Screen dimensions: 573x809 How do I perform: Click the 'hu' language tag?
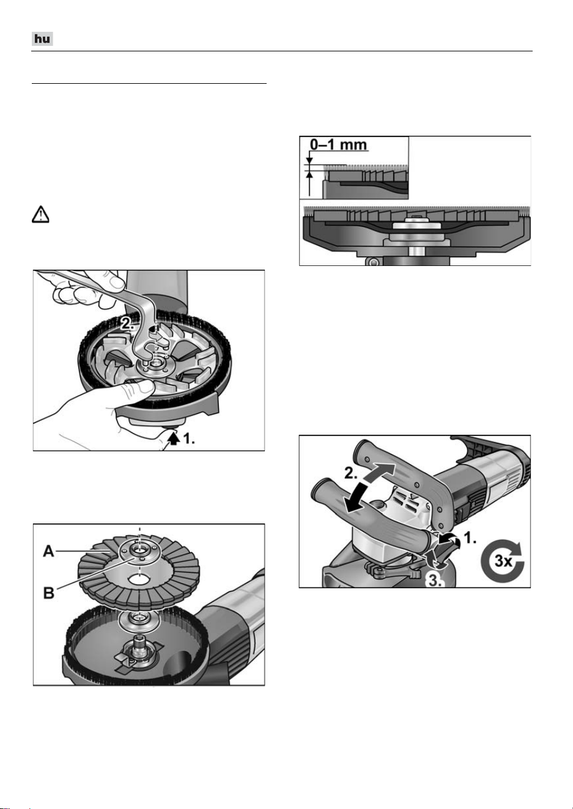point(43,39)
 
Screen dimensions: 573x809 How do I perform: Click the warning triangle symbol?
point(41,215)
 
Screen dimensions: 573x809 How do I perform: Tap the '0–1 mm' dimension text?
point(339,144)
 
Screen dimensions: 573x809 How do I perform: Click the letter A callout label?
point(49,551)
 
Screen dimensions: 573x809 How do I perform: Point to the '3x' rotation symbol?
point(502,561)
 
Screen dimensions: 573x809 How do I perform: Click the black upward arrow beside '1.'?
point(175,439)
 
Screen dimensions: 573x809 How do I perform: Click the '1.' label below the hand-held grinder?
point(189,439)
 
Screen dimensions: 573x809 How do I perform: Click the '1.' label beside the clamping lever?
point(470,538)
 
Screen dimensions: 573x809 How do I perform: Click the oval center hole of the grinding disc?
point(139,579)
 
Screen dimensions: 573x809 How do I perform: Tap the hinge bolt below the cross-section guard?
point(374,260)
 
